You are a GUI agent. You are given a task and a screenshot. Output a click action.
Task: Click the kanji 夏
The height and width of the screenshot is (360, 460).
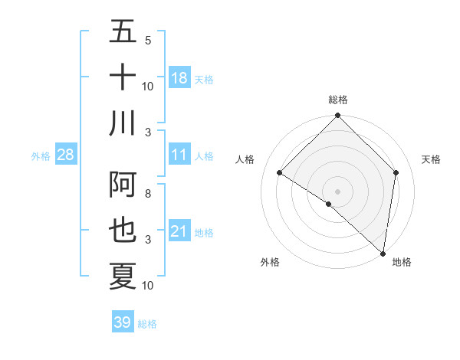click(123, 276)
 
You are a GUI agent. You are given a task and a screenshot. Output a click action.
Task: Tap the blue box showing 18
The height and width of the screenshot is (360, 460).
click(179, 78)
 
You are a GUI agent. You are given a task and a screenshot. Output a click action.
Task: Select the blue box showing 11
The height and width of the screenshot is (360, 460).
click(179, 155)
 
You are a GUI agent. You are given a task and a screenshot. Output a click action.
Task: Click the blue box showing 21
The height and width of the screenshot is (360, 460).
click(179, 231)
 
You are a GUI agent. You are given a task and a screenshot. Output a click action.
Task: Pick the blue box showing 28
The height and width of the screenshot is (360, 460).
click(66, 155)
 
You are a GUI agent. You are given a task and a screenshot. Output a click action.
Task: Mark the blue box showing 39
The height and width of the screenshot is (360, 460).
click(123, 322)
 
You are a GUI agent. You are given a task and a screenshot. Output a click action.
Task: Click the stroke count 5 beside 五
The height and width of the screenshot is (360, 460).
click(147, 40)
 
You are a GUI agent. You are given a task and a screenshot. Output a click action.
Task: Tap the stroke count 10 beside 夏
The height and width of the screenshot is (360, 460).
click(148, 286)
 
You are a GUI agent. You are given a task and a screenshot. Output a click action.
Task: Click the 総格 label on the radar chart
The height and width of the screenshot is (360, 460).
click(338, 100)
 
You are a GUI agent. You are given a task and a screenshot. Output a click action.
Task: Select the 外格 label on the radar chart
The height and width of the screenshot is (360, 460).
click(270, 263)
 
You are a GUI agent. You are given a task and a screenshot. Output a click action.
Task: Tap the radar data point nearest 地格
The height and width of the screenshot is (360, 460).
click(383, 253)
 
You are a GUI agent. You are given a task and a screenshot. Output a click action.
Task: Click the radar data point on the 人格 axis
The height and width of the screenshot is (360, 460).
click(280, 173)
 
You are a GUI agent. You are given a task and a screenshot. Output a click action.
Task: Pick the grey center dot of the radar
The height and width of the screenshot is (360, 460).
click(338, 191)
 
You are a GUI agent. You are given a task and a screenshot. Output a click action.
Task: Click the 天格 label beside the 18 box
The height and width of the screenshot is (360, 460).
click(204, 79)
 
